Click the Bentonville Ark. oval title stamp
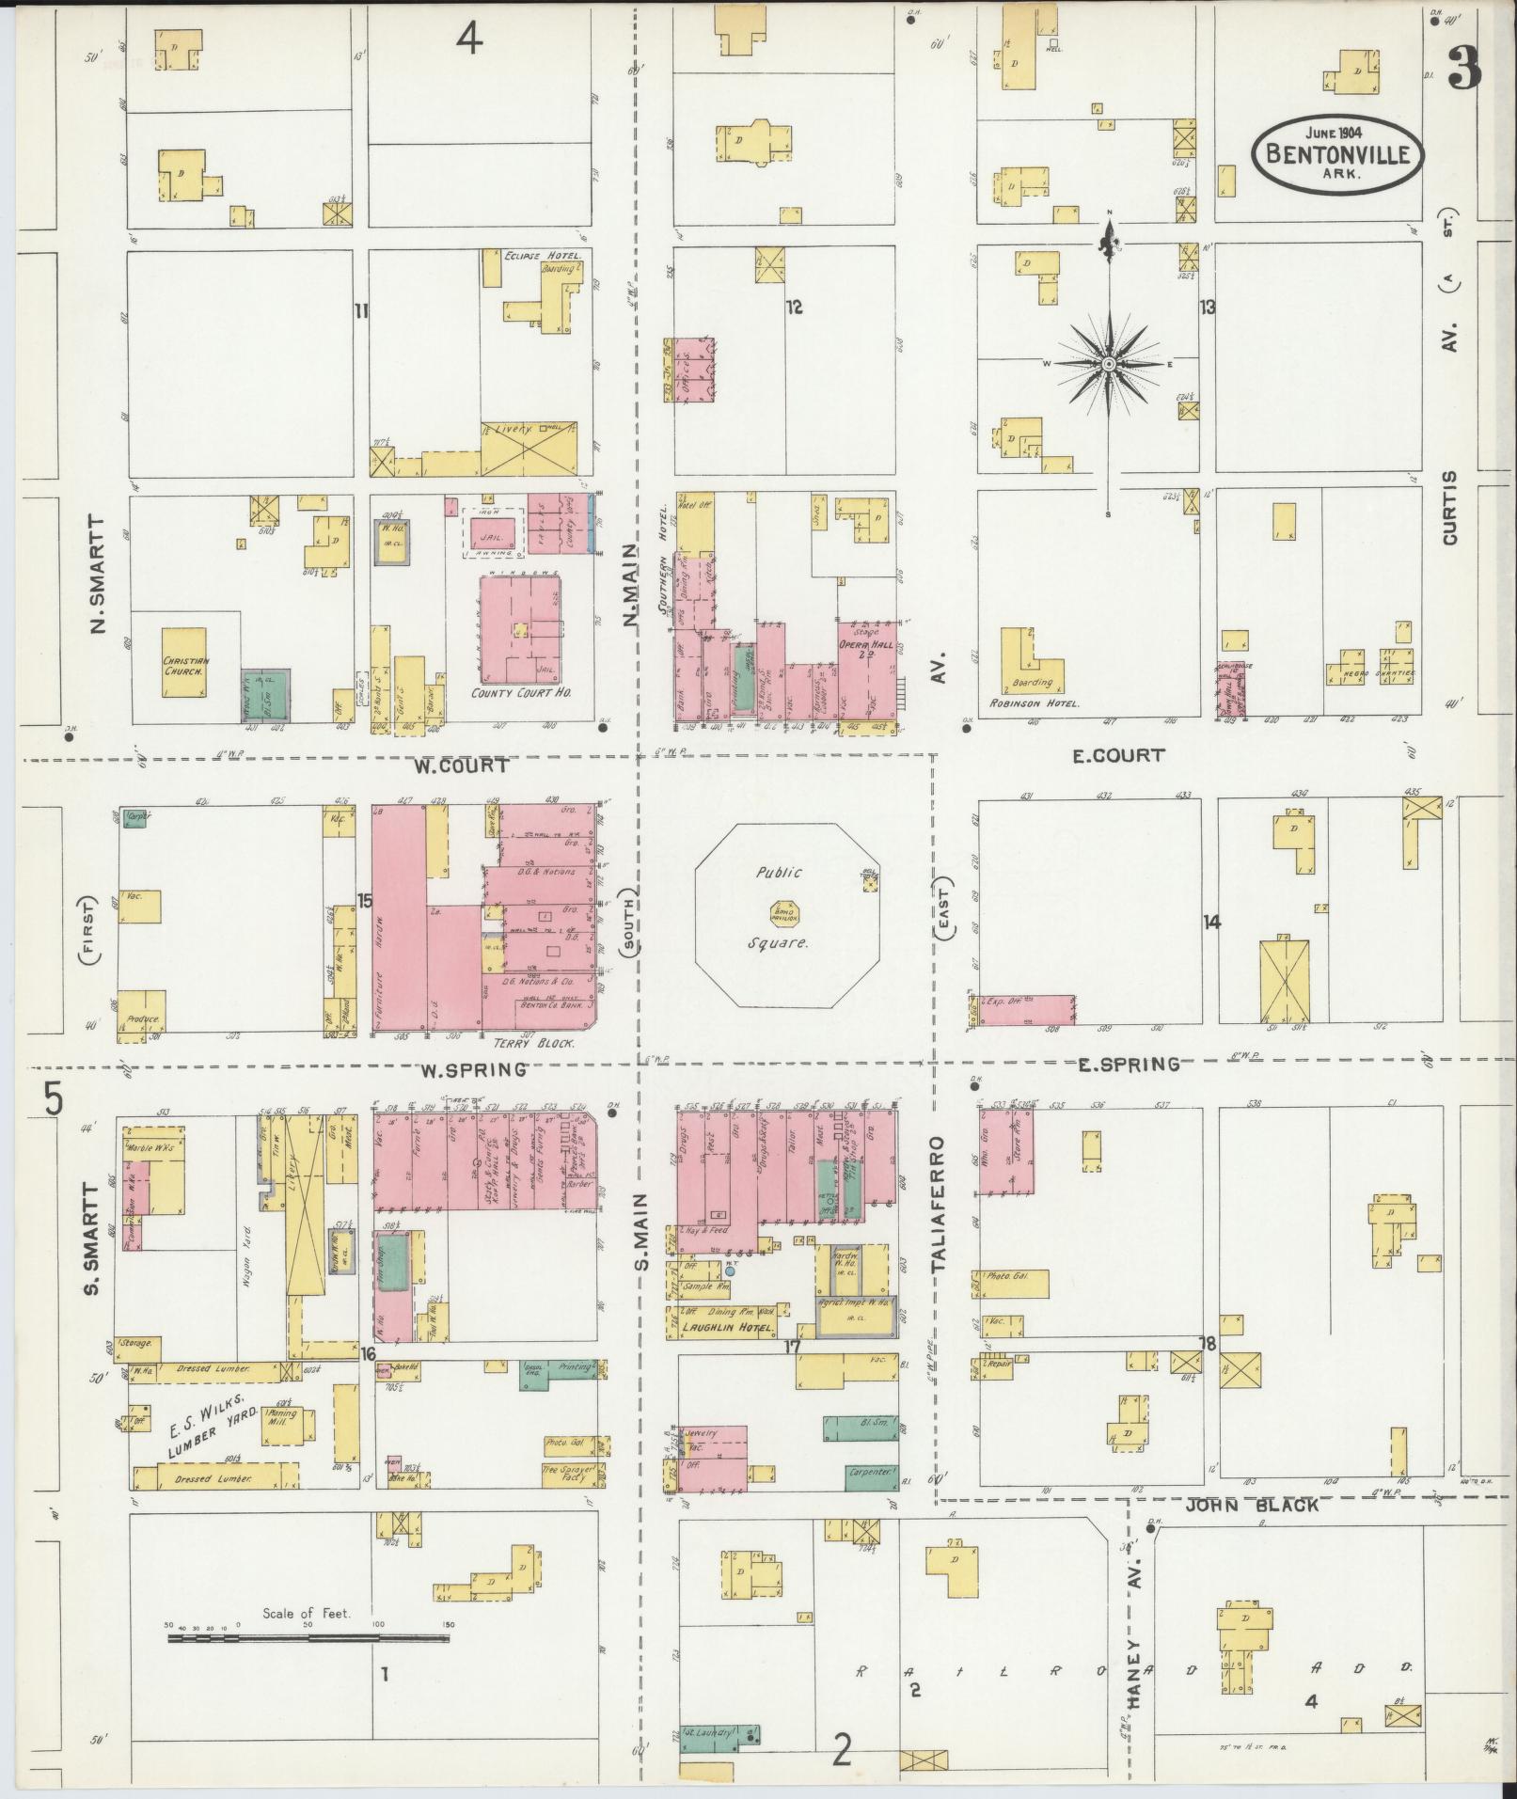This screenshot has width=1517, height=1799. click(x=1337, y=152)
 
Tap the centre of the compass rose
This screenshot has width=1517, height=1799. click(x=1109, y=364)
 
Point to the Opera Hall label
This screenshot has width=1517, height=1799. click(x=866, y=645)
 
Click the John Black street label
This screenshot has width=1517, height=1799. click(x=1239, y=1505)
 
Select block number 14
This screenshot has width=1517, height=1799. click(x=1210, y=923)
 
